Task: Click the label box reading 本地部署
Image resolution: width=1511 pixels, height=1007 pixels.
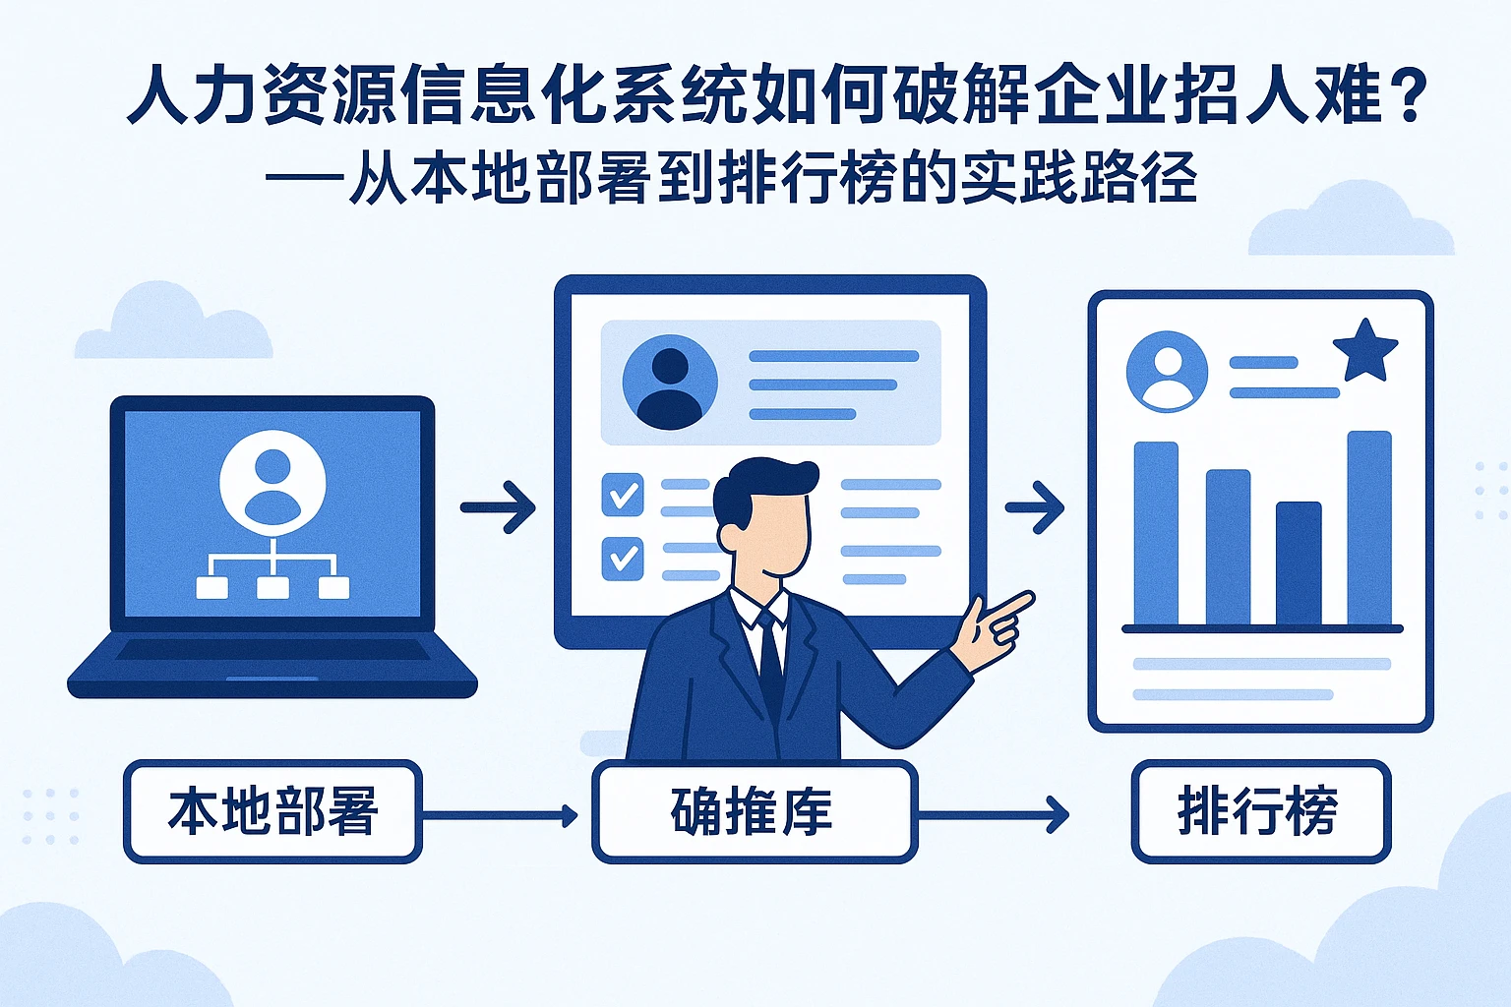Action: pos(272,812)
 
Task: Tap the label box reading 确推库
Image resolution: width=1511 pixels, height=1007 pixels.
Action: pos(754,812)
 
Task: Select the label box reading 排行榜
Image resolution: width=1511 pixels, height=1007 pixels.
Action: pos(1260,812)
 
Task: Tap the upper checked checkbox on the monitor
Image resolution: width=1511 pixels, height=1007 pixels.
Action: pos(623,495)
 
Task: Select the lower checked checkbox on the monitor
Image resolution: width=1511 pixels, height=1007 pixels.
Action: pos(623,558)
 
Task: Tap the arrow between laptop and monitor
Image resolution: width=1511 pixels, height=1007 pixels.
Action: pos(498,507)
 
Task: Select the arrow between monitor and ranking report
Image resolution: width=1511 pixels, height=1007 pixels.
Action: pos(1035,507)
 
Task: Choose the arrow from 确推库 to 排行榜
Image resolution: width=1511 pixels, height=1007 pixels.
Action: pos(994,814)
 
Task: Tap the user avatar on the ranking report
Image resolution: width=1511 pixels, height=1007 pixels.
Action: pos(1168,372)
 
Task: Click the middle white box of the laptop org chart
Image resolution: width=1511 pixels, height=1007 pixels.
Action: pos(272,587)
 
